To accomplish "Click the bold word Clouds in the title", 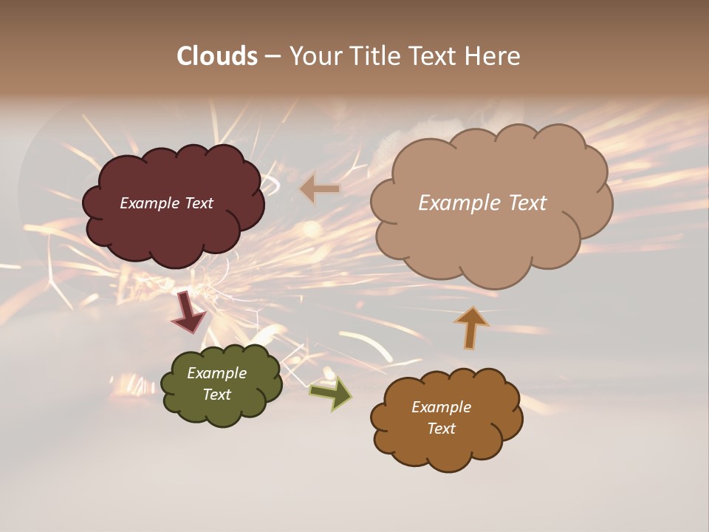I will click(x=217, y=56).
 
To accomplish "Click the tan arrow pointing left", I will click(x=320, y=189).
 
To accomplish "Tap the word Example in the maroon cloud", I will click(x=148, y=203).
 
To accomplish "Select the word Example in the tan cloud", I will click(x=459, y=203).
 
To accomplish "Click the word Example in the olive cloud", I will click(x=217, y=373).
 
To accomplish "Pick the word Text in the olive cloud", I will click(x=217, y=395).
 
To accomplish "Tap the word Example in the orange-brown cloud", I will click(x=441, y=407).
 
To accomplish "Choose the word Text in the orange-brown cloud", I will click(x=441, y=429).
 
